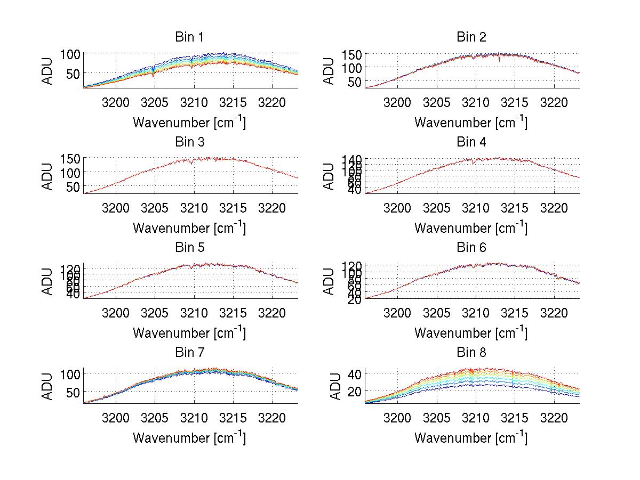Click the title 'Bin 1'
tap(189, 37)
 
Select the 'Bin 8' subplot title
tap(471, 353)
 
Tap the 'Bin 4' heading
tap(471, 142)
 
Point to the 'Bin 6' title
tap(471, 248)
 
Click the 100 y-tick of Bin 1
tap(69, 54)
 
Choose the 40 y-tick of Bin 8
tap(354, 373)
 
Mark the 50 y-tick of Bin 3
tap(73, 186)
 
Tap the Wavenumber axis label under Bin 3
tap(189, 227)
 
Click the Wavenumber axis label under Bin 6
tap(471, 333)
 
